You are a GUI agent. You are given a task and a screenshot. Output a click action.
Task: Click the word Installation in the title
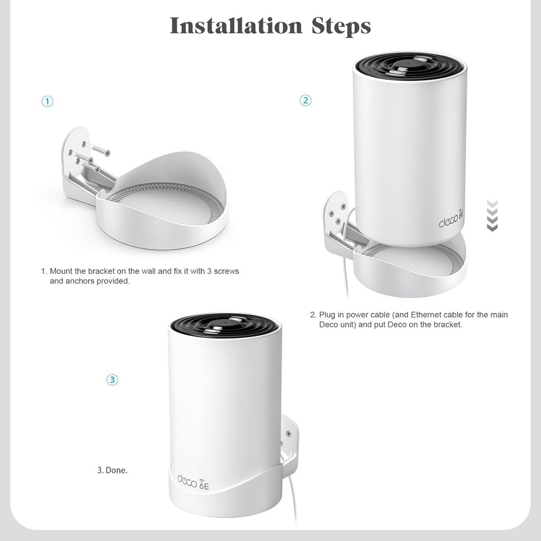coord(236,26)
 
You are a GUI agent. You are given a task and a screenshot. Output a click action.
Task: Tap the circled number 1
coord(48,101)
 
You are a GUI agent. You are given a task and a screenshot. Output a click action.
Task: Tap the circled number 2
coord(306,100)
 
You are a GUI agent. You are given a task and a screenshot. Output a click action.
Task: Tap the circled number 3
coord(112,380)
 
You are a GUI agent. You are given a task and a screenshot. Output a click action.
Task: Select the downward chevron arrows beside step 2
coord(492,215)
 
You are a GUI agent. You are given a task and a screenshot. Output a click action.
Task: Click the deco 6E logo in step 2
coord(451,222)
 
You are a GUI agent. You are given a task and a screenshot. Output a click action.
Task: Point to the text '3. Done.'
coord(113,470)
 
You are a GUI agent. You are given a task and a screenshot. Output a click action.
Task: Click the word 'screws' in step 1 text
coord(227,270)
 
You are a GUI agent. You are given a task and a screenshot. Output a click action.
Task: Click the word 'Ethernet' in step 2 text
coord(427,314)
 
